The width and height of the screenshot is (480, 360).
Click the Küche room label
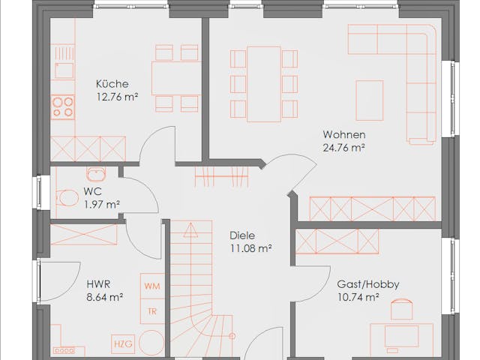112,84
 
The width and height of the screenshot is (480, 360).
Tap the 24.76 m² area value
343,148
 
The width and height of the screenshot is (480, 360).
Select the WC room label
92,192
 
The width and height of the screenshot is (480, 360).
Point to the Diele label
242,235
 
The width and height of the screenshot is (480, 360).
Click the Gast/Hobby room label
368,284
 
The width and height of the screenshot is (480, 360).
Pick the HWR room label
98,284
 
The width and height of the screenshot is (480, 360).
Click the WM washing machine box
152,286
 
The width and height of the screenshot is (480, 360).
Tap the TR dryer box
152,311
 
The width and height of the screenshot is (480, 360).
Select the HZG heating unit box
123,343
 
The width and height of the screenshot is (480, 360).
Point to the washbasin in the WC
96,174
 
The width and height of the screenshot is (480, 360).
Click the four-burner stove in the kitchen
63,106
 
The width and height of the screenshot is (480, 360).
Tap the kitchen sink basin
64,70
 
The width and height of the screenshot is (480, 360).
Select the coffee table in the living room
370,100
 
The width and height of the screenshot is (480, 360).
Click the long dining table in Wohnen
264,84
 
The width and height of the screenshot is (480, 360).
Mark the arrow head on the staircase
190,230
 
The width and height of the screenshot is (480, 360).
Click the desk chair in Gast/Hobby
401,308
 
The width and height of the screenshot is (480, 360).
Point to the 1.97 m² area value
102,204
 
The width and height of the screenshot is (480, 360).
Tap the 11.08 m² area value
250,248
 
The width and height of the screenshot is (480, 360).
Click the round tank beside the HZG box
151,343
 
